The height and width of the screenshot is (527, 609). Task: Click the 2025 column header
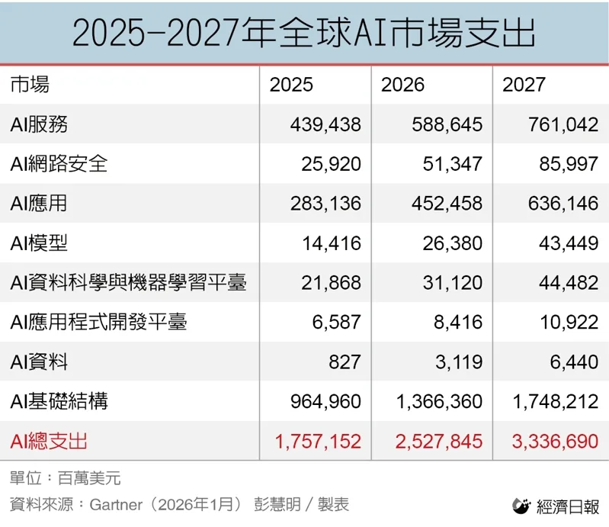291,85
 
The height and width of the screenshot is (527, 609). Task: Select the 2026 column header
402,85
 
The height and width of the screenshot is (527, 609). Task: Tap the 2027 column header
524,85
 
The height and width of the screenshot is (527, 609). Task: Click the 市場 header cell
30,85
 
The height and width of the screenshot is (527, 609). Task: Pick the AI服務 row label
44,124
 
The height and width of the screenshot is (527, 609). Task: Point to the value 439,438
325,124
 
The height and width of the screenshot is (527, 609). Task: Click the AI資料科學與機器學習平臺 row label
128,283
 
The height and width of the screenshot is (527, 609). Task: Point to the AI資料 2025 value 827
345,362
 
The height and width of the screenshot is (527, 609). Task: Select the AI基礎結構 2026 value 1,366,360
439,402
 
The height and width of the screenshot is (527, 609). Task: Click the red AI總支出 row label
49,441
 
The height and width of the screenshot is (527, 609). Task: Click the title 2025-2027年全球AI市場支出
304,33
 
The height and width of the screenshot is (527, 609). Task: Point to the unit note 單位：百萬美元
66,479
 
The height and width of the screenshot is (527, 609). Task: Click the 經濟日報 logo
556,506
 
